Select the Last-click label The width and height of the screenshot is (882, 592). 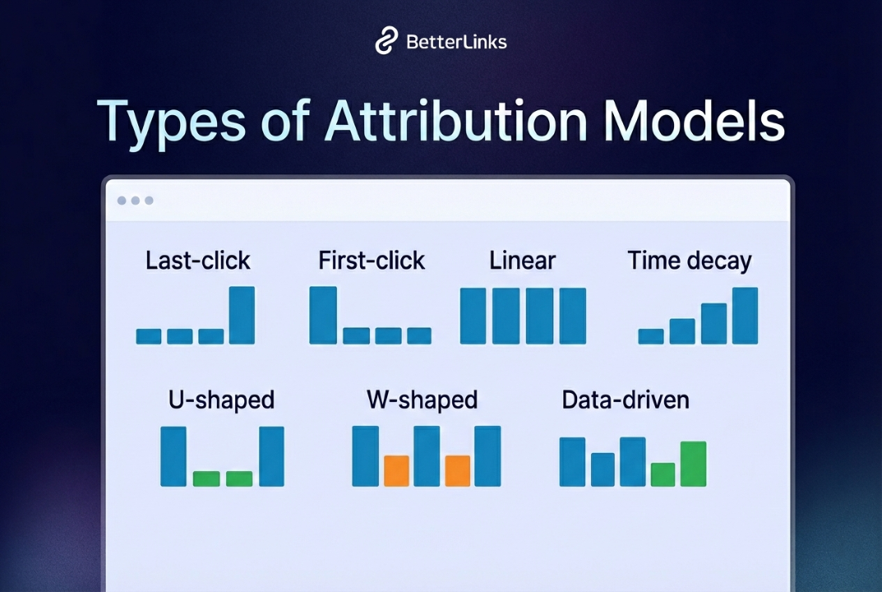click(198, 261)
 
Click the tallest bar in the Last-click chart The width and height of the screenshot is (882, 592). click(242, 315)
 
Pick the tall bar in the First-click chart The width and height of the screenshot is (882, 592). click(323, 315)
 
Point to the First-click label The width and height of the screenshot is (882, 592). click(372, 261)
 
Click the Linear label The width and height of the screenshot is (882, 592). click(523, 261)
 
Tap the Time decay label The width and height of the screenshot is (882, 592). click(690, 261)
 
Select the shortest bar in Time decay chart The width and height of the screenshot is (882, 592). click(651, 336)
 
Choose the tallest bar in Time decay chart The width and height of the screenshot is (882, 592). click(745, 316)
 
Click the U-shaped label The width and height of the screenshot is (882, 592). click(221, 400)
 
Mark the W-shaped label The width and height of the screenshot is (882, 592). click(422, 400)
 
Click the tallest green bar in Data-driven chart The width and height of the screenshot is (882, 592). click(693, 464)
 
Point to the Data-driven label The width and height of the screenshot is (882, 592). click(626, 400)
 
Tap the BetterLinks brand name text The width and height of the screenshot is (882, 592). click(456, 42)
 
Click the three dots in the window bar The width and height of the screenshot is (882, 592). click(136, 201)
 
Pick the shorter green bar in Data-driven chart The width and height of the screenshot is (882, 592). click(663, 474)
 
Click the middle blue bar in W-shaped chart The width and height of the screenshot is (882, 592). click(427, 456)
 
